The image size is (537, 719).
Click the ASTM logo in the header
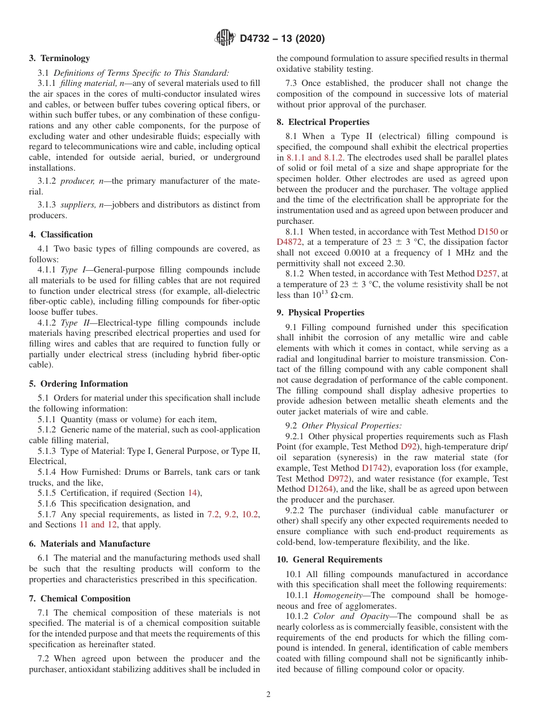point(225,38)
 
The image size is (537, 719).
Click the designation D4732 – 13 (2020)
point(282,39)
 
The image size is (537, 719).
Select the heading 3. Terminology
point(59,58)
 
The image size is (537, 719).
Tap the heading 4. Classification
point(61,235)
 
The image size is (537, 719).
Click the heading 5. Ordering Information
point(79,384)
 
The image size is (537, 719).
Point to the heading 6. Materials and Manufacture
point(90,544)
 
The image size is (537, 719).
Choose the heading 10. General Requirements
point(330,560)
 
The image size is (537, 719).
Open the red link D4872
point(289,242)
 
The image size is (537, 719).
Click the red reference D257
point(487,274)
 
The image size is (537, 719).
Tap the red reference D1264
point(321,489)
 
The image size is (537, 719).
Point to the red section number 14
point(192,493)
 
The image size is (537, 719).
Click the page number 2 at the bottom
point(268,695)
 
